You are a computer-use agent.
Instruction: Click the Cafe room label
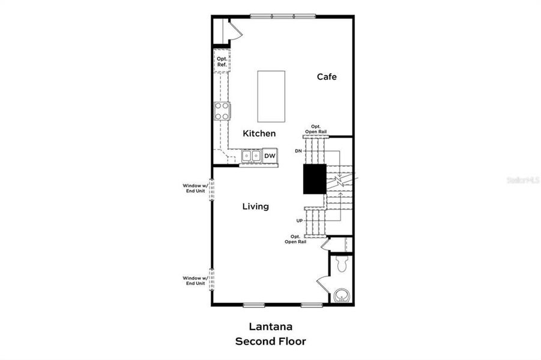327,77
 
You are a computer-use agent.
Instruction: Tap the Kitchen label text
259,133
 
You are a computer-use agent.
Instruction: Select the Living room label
255,206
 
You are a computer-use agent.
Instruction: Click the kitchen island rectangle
271,96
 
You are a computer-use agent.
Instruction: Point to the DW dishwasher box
270,156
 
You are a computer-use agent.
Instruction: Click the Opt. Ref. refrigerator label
222,61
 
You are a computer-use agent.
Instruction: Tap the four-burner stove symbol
222,110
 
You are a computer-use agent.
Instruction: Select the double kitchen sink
251,156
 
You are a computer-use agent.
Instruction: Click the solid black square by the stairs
314,178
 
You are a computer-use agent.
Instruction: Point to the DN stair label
298,151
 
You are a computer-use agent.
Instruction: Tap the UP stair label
299,220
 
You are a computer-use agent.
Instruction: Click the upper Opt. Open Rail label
315,128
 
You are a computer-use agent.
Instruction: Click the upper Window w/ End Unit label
195,188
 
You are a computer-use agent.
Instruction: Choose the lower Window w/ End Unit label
195,280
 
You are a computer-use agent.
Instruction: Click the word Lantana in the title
270,327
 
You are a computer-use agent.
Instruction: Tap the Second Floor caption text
270,341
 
